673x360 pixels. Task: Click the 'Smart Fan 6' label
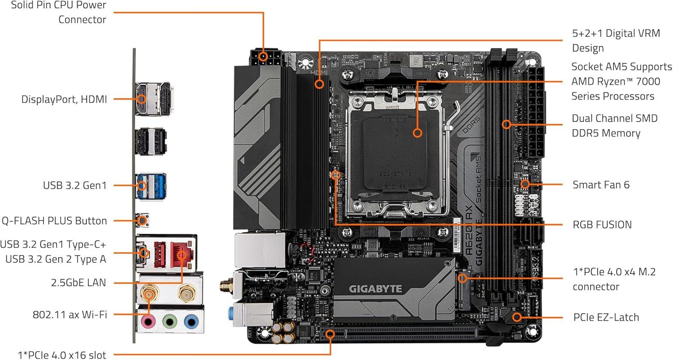(601, 184)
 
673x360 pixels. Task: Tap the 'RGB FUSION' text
(602, 224)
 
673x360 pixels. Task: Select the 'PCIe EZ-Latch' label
(606, 317)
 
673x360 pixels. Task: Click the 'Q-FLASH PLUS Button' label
(54, 221)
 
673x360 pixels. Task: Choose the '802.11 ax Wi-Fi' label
(70, 315)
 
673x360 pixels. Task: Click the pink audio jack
(148, 321)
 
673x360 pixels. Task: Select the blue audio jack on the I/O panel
(191, 321)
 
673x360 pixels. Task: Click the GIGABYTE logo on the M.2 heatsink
(376, 289)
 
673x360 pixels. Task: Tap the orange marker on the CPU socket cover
(418, 133)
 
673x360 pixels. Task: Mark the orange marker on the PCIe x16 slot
(331, 334)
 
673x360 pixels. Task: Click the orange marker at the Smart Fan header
(524, 184)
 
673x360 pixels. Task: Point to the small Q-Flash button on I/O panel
(142, 220)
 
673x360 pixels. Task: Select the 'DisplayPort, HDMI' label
(64, 99)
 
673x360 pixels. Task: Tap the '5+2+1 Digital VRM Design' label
(616, 41)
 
